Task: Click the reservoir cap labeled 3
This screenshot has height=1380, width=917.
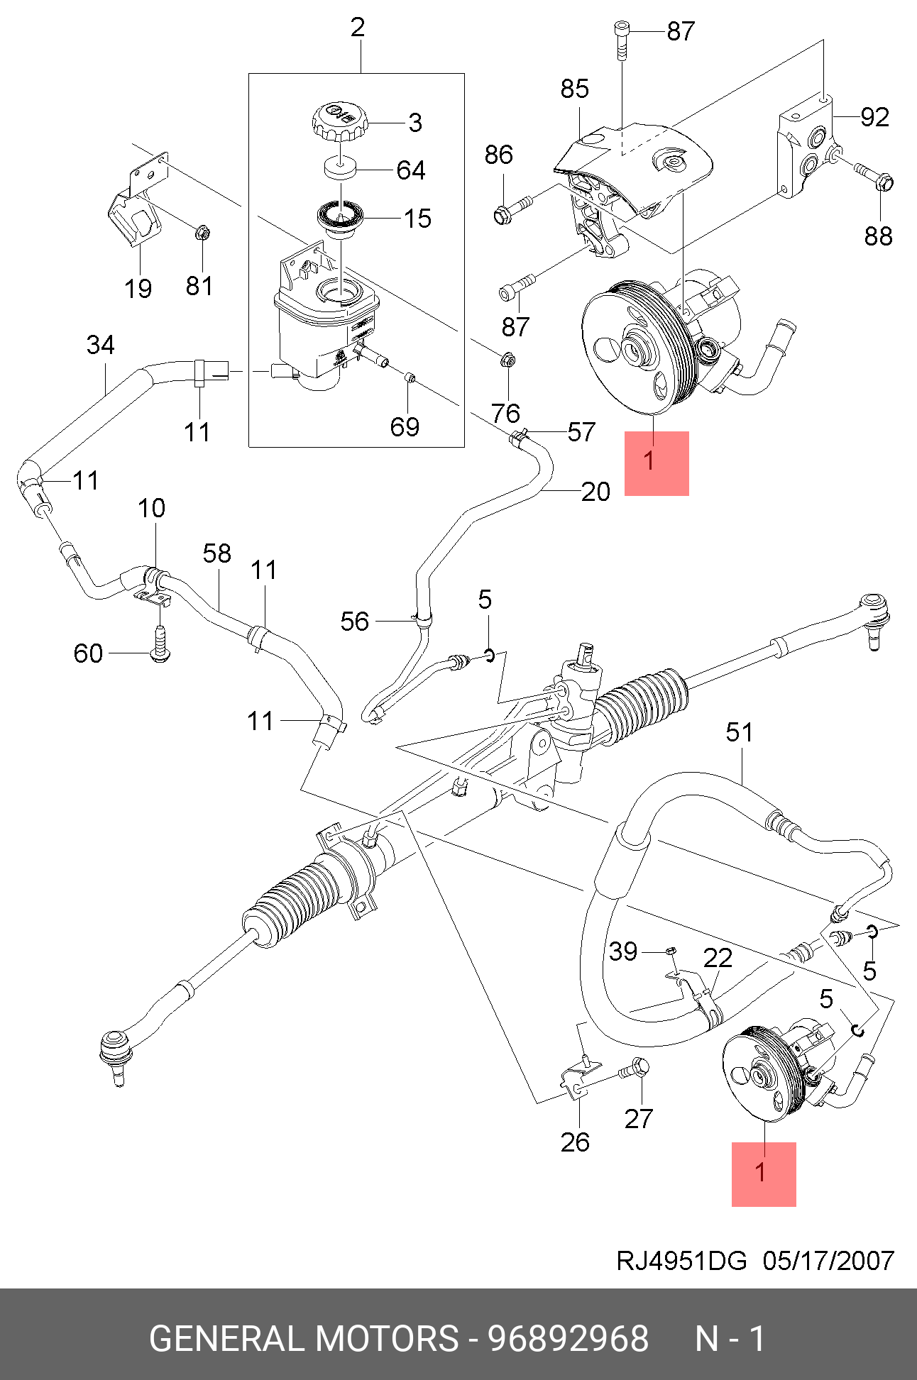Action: pyautogui.click(x=340, y=121)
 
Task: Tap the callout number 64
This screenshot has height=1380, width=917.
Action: pyautogui.click(x=411, y=170)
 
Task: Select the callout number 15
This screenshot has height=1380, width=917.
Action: pyautogui.click(x=417, y=219)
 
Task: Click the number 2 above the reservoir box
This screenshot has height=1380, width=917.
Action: pyautogui.click(x=358, y=28)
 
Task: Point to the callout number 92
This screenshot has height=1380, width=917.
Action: pyautogui.click(x=874, y=117)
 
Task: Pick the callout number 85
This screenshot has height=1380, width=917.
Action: pyautogui.click(x=574, y=89)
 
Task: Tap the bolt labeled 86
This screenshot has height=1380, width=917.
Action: pyautogui.click(x=515, y=207)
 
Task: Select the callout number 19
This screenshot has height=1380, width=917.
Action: pyautogui.click(x=138, y=289)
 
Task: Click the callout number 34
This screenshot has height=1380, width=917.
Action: pyautogui.click(x=101, y=345)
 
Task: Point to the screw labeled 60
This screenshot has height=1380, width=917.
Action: pyautogui.click(x=160, y=644)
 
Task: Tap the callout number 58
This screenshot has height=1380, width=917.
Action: pyautogui.click(x=217, y=553)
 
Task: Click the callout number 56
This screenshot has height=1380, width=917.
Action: pyautogui.click(x=355, y=622)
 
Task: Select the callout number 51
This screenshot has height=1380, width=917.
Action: pyautogui.click(x=739, y=732)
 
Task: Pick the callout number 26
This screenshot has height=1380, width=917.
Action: pyautogui.click(x=575, y=1142)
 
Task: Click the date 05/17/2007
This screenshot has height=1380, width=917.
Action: pyautogui.click(x=828, y=1260)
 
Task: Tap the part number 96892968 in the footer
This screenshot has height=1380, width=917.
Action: pyautogui.click(x=568, y=1339)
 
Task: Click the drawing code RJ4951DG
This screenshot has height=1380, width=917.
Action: pyautogui.click(x=681, y=1260)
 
